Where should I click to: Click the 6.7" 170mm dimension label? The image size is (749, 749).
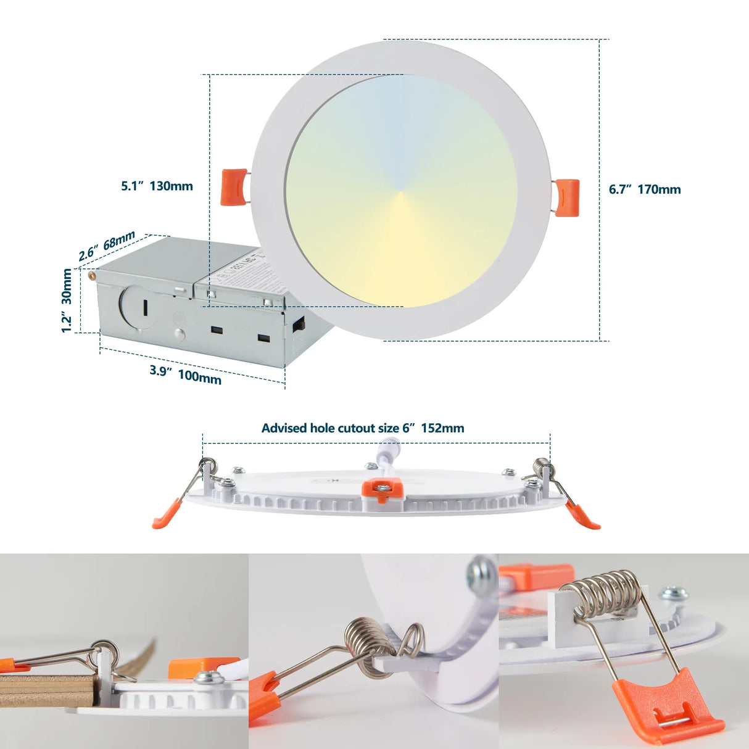coord(645,189)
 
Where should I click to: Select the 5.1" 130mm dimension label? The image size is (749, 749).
coord(157,186)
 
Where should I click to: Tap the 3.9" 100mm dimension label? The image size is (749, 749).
coord(185,374)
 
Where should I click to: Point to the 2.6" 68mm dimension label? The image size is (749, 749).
coord(107,246)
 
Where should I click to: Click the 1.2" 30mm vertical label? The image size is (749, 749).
coord(67,301)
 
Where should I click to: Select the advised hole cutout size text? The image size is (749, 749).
coord(363,428)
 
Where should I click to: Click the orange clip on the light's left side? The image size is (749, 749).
coord(234,187)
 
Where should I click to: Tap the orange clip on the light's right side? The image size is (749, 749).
coord(567,197)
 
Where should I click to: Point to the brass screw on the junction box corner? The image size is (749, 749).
coord(92,275)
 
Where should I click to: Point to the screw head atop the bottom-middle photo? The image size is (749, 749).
coord(481,572)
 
